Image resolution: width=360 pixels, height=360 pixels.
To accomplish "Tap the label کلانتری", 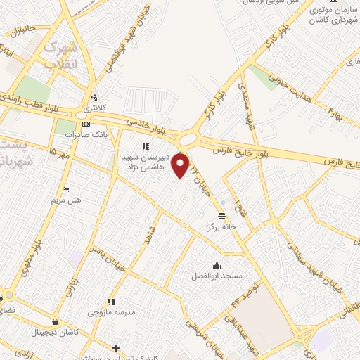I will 91,109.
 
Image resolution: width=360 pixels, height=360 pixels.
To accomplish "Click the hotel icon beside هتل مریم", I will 65,189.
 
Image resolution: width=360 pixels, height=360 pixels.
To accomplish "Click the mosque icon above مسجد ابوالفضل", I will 217,265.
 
